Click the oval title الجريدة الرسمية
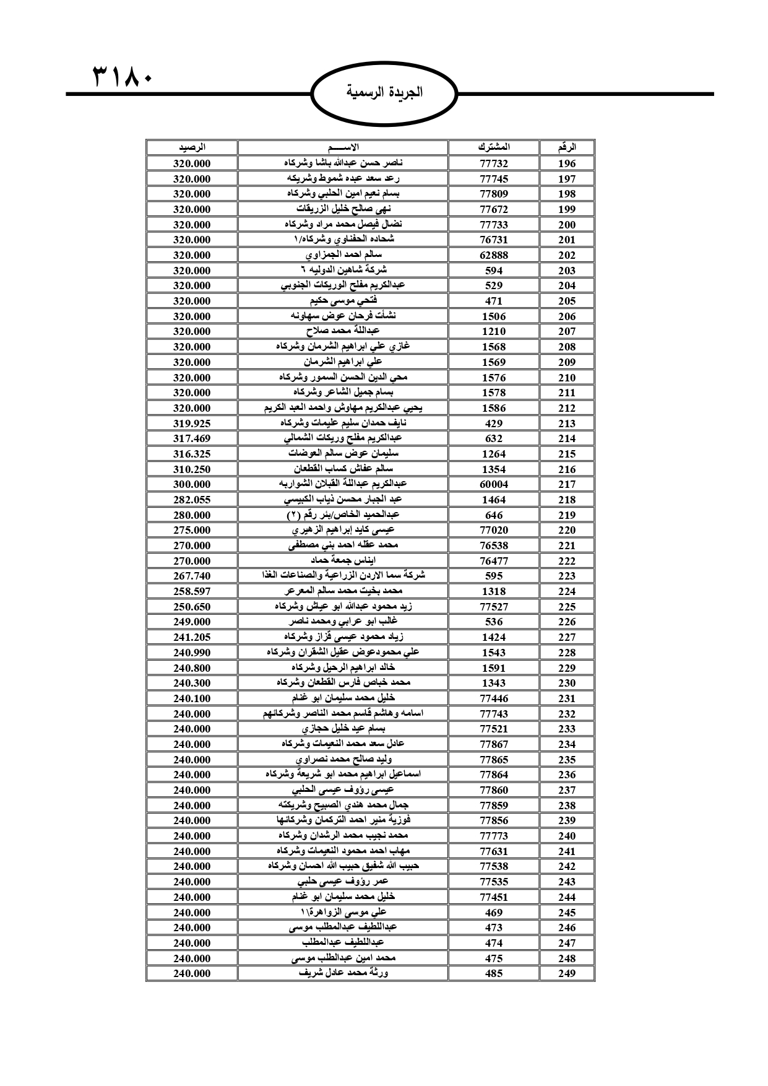coord(384,93)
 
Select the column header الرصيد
coord(192,147)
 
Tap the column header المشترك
coord(494,147)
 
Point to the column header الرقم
coord(566,147)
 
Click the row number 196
coord(566,163)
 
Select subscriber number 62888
coord(494,255)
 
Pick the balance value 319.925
coord(192,424)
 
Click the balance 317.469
coord(192,438)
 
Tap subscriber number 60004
coord(494,484)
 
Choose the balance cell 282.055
coord(192,500)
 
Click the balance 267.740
coord(192,576)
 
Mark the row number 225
coord(566,607)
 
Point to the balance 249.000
coord(192,622)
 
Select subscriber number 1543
coord(494,653)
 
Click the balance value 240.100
coord(192,698)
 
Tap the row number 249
coord(566,973)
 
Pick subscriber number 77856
coord(494,820)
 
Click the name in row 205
coord(343,301)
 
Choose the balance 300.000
coord(192,484)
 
